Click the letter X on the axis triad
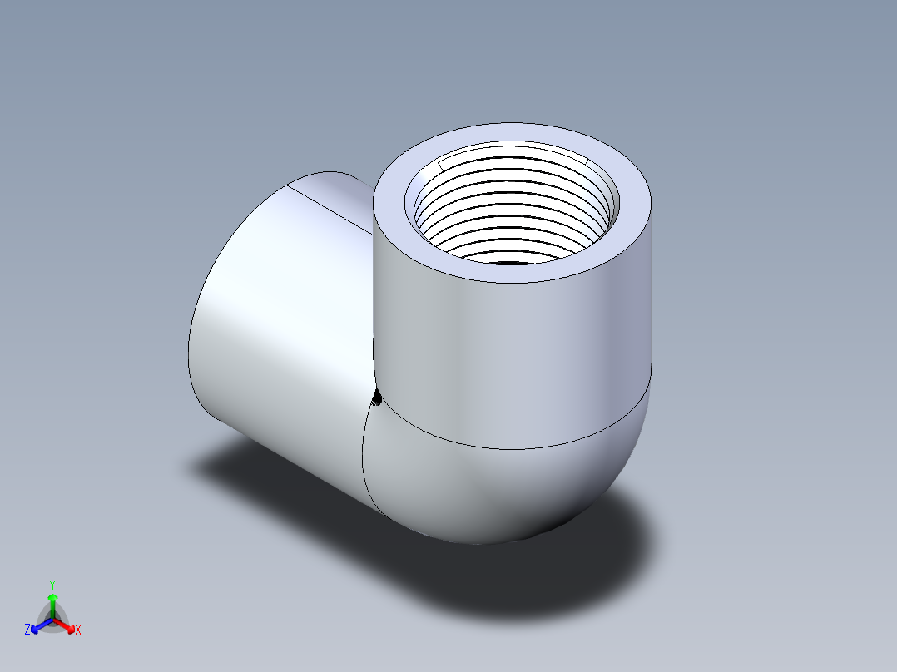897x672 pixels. point(78,630)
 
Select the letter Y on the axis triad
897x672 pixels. point(52,585)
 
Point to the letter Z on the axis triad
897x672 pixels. point(27,630)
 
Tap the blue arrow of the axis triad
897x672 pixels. point(37,626)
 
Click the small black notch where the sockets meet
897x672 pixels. point(375,400)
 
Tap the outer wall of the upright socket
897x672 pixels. point(533,358)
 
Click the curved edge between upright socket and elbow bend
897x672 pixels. point(533,447)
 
